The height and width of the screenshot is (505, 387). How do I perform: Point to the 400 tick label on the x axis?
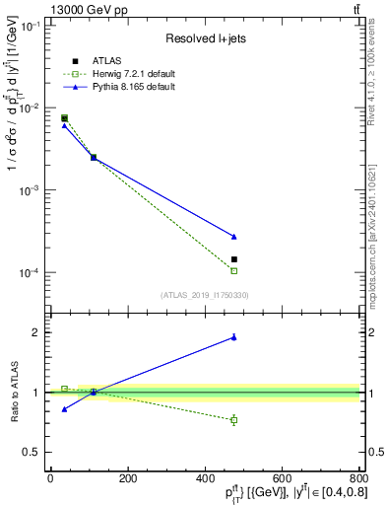[205, 478]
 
